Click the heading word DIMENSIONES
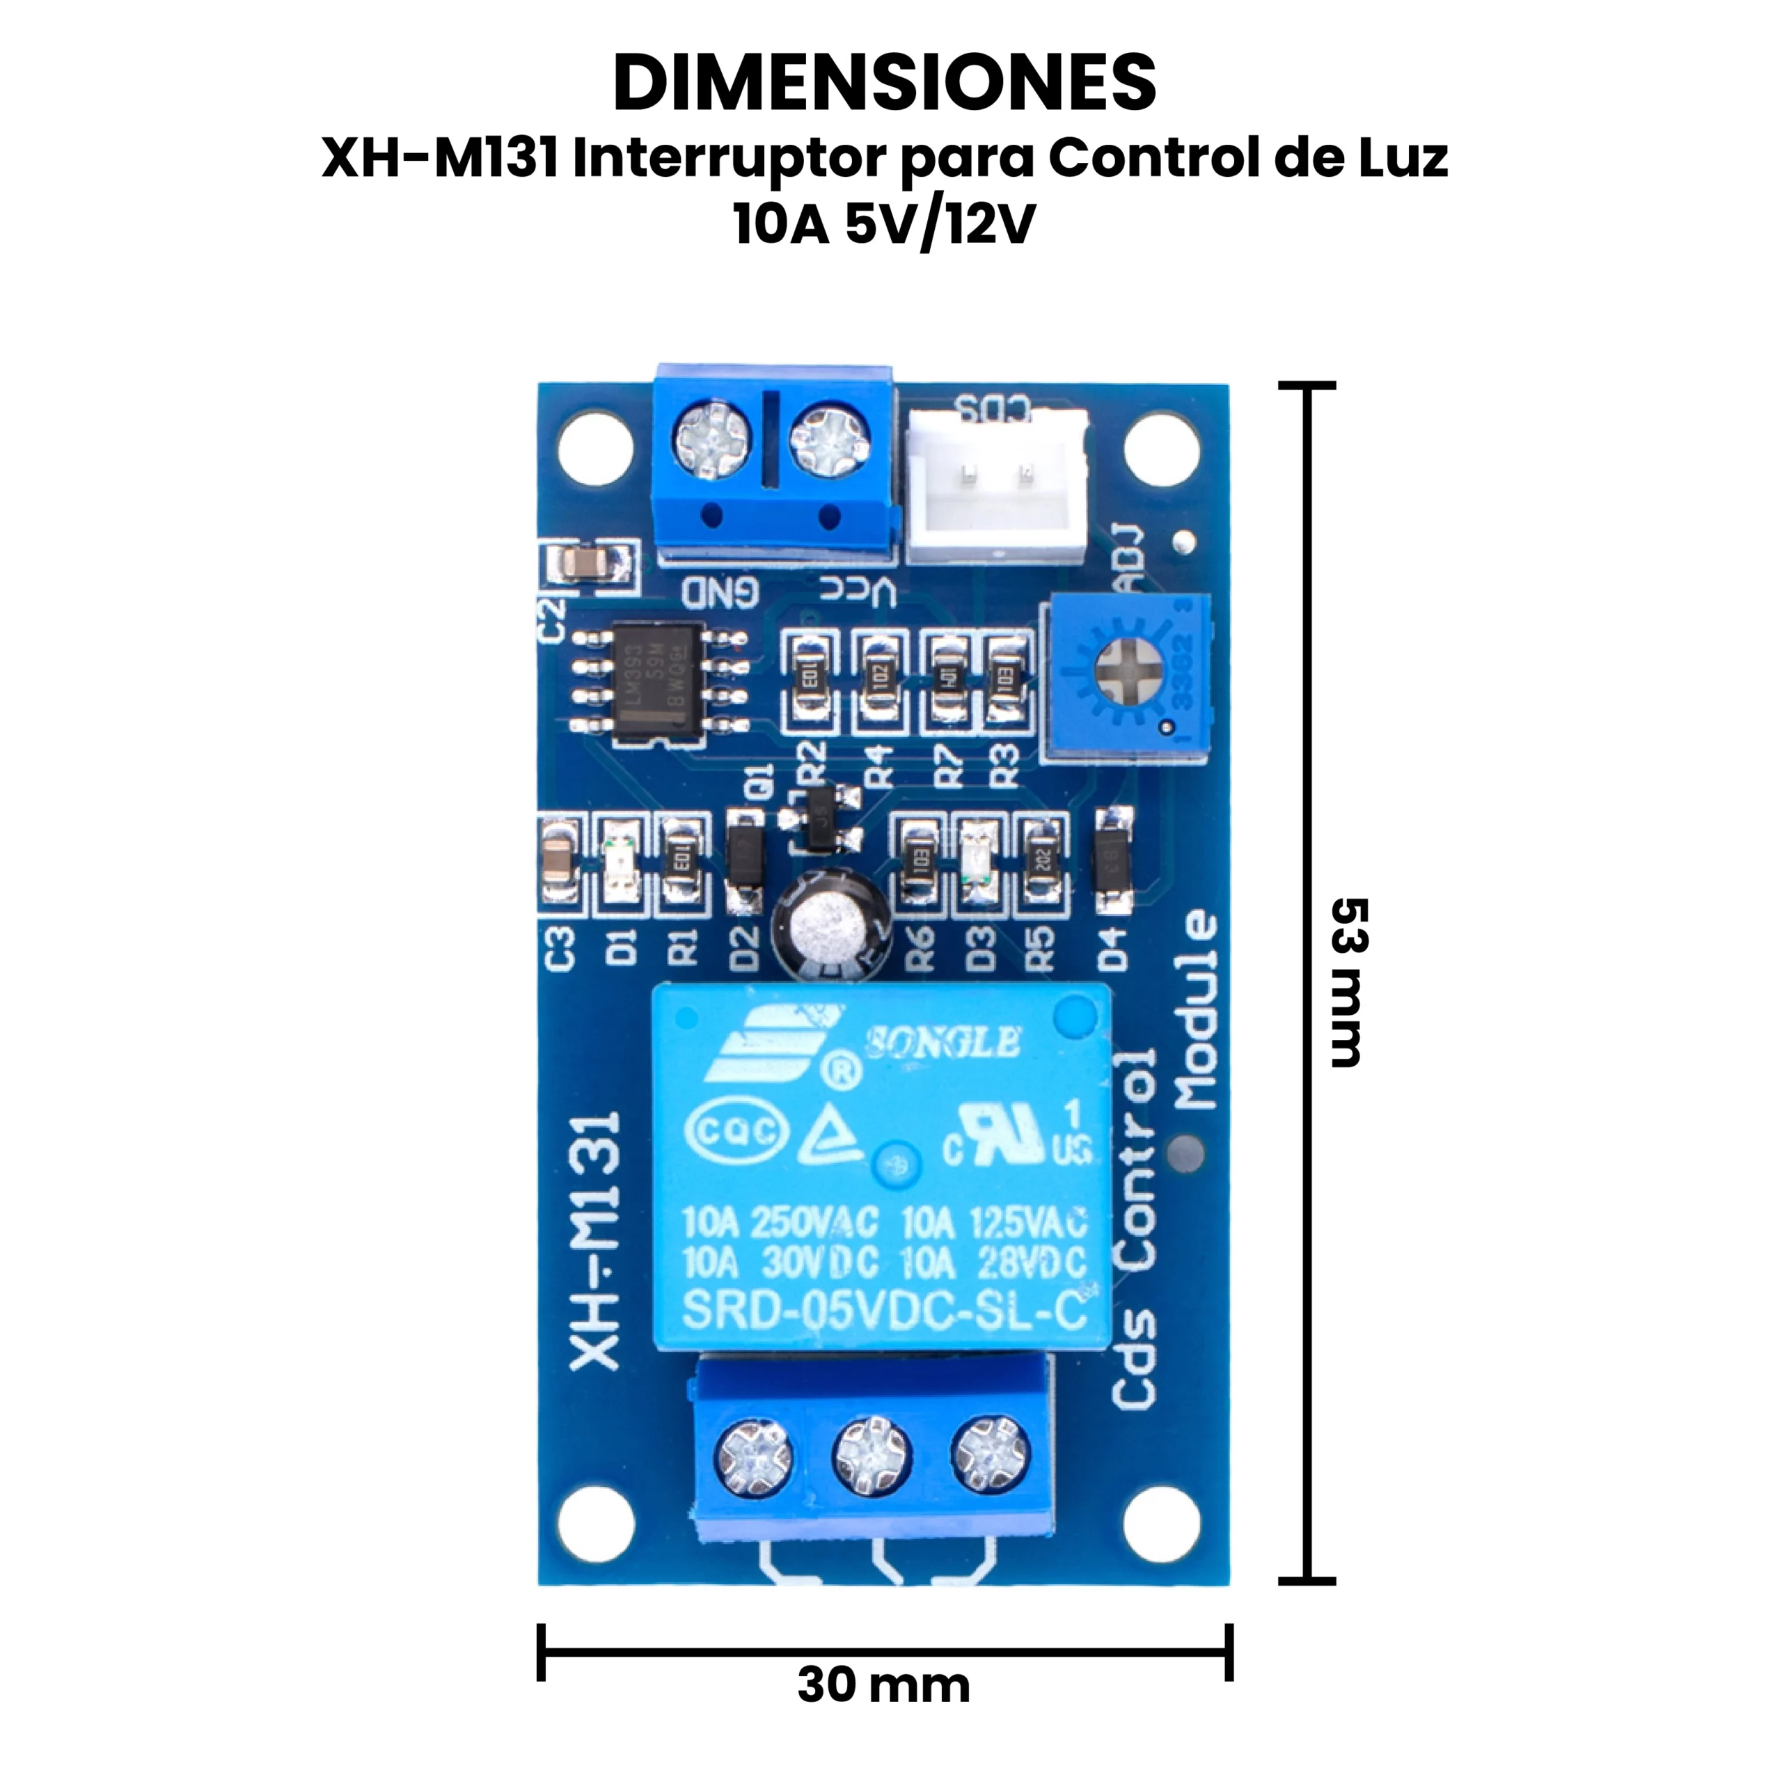coord(883,83)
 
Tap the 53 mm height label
coord(1348,981)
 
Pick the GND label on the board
coord(720,593)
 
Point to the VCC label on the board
coord(858,593)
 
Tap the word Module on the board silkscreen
coord(1197,1010)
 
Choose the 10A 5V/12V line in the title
coord(883,224)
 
